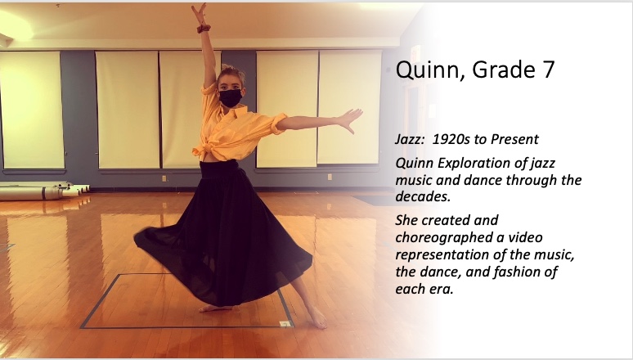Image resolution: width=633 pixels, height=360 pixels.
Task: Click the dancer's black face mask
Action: (x=230, y=98)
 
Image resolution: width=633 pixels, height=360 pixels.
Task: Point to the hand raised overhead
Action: (x=199, y=13)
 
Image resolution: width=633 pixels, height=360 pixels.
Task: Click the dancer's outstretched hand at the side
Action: (x=350, y=120)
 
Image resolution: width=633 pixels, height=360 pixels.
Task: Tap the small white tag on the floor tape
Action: (x=285, y=323)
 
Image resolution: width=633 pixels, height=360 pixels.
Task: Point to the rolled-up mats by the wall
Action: (x=43, y=191)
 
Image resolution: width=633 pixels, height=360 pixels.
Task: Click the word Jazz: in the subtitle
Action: (x=410, y=139)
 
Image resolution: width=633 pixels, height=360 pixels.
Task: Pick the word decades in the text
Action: (x=421, y=196)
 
